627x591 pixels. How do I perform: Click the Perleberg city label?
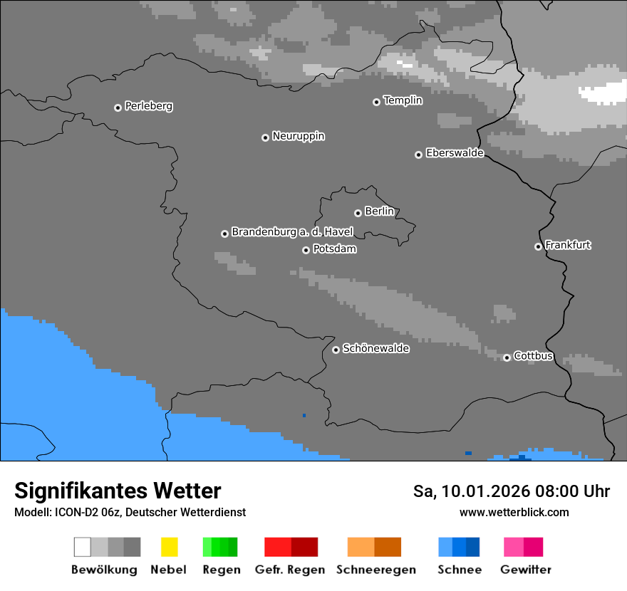tap(148, 106)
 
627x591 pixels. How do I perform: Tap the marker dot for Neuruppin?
tap(265, 137)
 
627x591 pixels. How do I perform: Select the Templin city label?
tap(403, 100)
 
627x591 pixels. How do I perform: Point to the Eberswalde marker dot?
tap(418, 155)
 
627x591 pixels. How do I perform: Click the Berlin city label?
tap(379, 211)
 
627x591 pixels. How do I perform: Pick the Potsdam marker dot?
tap(306, 250)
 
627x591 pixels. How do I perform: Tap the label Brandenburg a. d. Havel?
tap(292, 232)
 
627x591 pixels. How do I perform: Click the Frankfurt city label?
tap(568, 245)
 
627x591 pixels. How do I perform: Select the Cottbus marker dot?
tap(507, 357)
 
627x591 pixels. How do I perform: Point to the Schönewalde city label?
tap(375, 349)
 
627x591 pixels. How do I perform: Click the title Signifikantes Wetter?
tap(118, 491)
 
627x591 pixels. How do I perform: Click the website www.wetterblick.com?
tap(514, 512)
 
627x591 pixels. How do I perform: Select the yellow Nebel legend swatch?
tap(169, 547)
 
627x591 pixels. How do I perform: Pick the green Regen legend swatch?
tap(220, 547)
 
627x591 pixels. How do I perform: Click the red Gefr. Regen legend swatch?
tap(291, 547)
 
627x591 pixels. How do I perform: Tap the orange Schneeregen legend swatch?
tap(374, 547)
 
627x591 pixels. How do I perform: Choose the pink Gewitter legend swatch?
tap(523, 547)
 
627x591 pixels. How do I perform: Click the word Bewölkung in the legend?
tap(104, 570)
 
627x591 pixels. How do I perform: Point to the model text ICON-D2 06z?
tap(84, 512)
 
